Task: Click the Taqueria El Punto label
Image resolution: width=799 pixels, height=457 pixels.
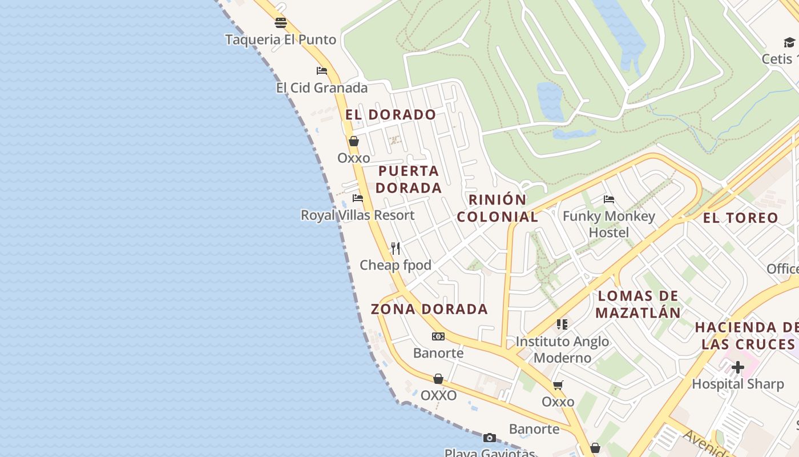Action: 280,40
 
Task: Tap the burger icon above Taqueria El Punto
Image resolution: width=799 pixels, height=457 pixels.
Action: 280,23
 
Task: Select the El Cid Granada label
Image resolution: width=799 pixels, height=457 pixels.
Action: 322,88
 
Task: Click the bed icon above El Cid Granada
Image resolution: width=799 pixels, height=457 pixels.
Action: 322,71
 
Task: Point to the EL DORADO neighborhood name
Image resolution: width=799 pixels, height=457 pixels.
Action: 390,115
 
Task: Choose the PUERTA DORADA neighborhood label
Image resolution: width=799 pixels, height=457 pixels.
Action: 409,179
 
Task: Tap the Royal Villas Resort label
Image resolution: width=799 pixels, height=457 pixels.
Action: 358,215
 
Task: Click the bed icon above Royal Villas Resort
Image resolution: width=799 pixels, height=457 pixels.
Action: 358,198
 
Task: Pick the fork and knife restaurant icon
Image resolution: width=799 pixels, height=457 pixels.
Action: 396,248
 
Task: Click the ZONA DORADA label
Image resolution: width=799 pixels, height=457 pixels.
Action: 429,310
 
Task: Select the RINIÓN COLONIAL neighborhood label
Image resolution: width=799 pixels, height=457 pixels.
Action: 498,209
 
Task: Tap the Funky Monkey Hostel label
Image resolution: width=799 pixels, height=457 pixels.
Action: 609,225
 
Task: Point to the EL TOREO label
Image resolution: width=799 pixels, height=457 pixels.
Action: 740,218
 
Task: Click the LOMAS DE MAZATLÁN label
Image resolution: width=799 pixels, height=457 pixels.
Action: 638,304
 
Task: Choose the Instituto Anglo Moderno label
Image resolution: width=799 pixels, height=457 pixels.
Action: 562,350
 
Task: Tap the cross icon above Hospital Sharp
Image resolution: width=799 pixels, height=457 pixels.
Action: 738,367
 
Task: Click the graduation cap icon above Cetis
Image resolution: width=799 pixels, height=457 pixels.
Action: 789,42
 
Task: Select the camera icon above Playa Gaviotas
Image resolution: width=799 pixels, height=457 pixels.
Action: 490,438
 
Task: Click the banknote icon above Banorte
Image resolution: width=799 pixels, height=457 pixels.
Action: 438,336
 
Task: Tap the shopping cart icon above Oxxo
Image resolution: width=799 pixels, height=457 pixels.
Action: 558,385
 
